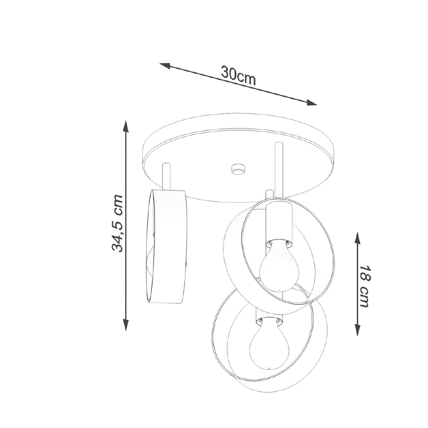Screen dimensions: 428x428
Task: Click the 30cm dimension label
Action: (x=238, y=76)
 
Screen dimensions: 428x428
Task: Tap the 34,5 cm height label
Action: (x=118, y=223)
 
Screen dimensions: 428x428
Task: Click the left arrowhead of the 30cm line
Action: (x=165, y=66)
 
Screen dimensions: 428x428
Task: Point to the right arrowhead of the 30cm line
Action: (x=312, y=102)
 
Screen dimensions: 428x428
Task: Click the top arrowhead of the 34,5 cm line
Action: (x=125, y=126)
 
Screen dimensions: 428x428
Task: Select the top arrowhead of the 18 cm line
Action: (x=357, y=238)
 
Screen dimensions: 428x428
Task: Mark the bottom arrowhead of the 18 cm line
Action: (x=357, y=329)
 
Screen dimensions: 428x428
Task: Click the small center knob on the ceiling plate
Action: (x=238, y=169)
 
